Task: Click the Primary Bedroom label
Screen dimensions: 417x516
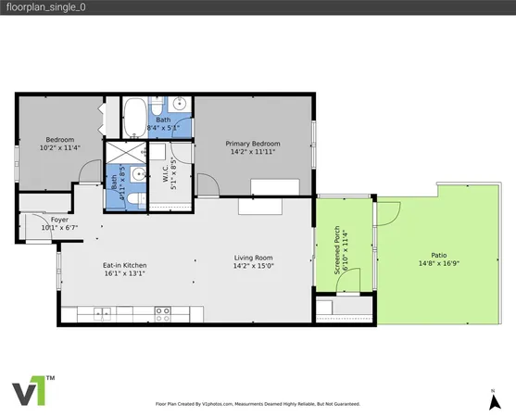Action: [x=254, y=144]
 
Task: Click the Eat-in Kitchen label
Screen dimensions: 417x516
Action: [x=124, y=266]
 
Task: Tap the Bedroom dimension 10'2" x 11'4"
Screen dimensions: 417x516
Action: [x=59, y=147]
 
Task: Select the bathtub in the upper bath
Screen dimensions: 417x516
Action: [x=137, y=115]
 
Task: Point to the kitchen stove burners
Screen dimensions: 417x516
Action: [x=162, y=310]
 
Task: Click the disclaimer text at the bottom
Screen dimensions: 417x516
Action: [x=257, y=405]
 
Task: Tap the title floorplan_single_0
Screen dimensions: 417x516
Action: [x=38, y=7]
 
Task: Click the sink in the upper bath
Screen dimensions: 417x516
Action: [x=179, y=104]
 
